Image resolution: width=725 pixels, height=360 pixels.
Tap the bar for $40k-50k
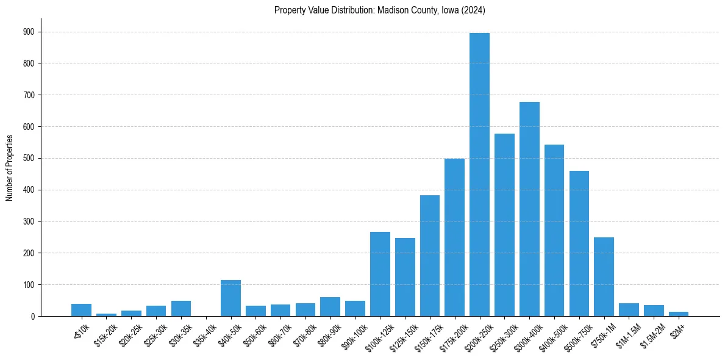[230, 298]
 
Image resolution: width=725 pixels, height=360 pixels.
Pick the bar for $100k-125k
[380, 274]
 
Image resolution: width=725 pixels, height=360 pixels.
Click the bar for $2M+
[679, 314]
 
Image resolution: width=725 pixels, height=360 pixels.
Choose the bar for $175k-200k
[454, 237]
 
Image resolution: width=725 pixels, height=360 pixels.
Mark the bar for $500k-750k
[579, 243]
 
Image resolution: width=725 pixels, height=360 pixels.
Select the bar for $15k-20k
[106, 315]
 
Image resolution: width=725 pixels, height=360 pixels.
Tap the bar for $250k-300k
[504, 225]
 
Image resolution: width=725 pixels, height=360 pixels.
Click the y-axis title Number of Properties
[9, 167]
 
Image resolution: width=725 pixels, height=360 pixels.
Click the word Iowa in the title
[442, 10]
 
